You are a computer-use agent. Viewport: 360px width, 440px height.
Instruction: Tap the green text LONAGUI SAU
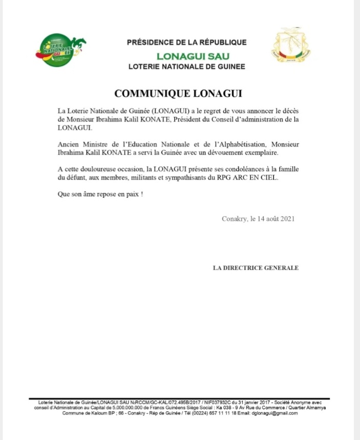[x=193, y=56]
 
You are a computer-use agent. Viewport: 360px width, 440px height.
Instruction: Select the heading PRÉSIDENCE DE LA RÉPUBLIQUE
[x=187, y=43]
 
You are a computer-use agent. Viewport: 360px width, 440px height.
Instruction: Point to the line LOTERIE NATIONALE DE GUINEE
[x=187, y=67]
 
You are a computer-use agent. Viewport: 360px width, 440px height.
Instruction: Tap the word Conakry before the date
[x=234, y=218]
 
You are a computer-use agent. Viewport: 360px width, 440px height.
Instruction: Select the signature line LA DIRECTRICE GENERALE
[x=256, y=268]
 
